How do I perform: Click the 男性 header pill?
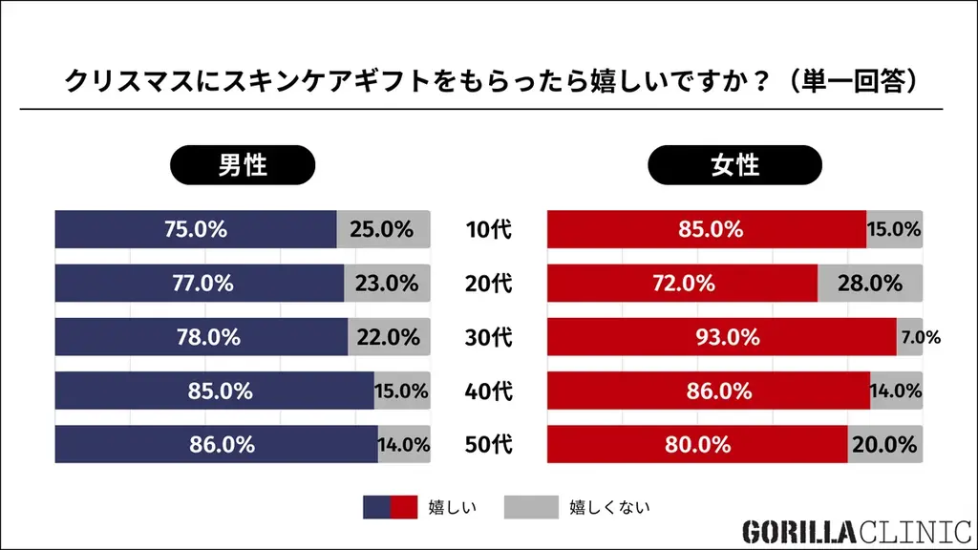243,165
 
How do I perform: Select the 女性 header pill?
734,165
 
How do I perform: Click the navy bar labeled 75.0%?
196,230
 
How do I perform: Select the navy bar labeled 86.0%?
216,444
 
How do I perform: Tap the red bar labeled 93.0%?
721,337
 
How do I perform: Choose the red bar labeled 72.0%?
682,284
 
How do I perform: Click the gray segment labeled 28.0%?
870,284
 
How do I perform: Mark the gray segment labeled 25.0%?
382,230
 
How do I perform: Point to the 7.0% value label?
922,337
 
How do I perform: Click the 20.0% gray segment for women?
885,444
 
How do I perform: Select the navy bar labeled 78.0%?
202,337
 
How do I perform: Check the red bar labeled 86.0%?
708,391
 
